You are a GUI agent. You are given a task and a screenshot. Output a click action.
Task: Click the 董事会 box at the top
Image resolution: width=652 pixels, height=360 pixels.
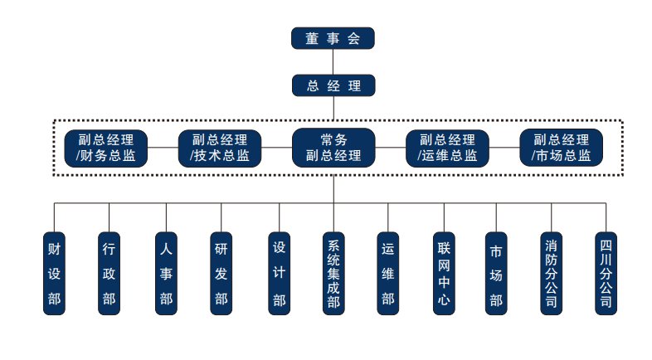tap(333, 38)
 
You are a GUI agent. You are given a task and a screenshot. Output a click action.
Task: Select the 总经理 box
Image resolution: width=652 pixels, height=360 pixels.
tap(333, 85)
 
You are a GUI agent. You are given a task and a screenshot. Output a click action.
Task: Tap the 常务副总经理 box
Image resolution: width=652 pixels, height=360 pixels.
tap(333, 148)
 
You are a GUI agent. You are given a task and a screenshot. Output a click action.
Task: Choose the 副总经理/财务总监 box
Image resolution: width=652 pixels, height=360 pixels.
tap(106, 148)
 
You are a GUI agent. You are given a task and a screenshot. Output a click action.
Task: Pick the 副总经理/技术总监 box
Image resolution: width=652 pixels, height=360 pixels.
tap(220, 148)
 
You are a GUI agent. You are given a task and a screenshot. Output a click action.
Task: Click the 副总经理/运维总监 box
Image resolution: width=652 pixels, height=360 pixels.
tap(447, 148)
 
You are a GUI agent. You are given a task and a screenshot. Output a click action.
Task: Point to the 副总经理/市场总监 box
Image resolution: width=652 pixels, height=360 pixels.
tap(561, 148)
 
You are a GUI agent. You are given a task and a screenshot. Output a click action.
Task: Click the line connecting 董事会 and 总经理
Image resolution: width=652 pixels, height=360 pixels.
tap(333, 62)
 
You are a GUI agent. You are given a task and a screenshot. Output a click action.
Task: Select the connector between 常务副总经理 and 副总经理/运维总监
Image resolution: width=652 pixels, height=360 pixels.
tap(390, 148)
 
